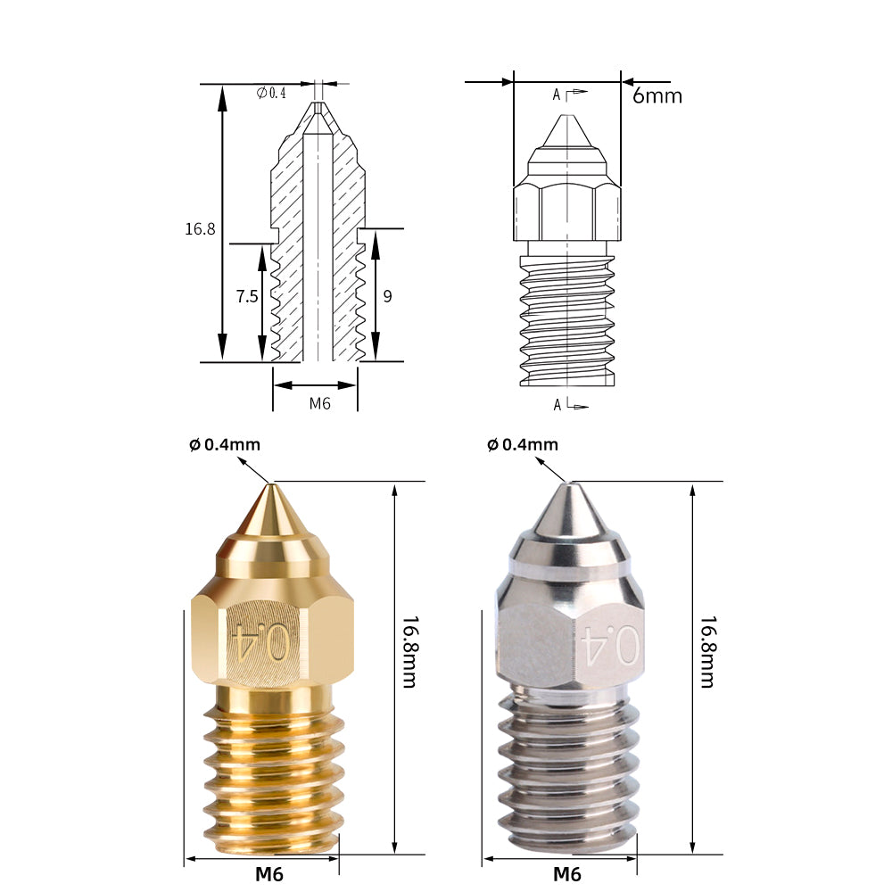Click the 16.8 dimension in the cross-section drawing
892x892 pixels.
(200, 229)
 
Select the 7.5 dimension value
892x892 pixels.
(246, 297)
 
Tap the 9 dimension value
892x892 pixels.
(387, 297)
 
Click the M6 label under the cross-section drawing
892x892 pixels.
(320, 403)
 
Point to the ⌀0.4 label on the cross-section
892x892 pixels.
(271, 93)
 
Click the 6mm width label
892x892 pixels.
(657, 95)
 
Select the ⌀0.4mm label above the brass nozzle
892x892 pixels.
(225, 444)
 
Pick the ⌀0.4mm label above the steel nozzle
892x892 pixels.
(523, 444)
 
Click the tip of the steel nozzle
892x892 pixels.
(569, 486)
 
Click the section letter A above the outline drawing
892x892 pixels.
(557, 95)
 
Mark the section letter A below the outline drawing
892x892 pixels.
(557, 405)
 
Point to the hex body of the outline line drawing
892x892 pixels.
(566, 212)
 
